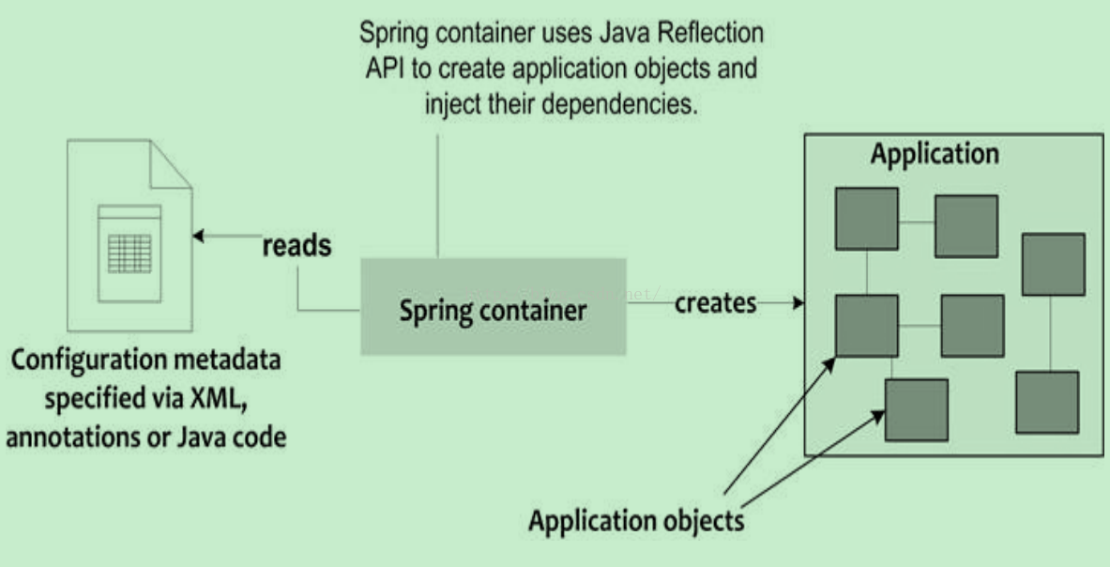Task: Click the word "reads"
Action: [297, 246]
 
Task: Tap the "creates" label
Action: [715, 304]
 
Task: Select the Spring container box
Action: [494, 308]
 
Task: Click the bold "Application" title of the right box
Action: [935, 154]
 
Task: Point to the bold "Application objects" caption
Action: [636, 520]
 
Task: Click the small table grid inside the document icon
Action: [129, 253]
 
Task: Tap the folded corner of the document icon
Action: [168, 163]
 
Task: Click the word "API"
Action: [383, 69]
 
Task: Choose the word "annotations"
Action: [64, 437]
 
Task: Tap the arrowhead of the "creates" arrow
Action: [799, 303]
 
